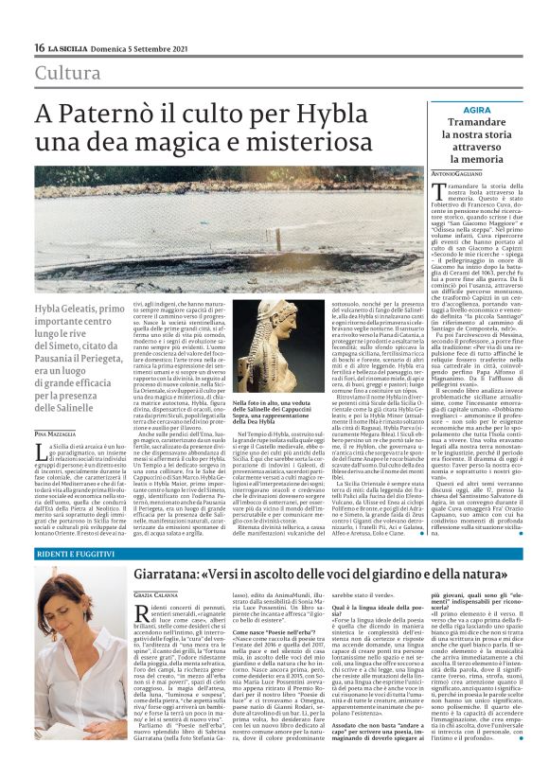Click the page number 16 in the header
pyautogui.click(x=41, y=47)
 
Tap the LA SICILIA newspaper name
pyautogui.click(x=74, y=47)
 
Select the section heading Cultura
pyautogui.click(x=67, y=73)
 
